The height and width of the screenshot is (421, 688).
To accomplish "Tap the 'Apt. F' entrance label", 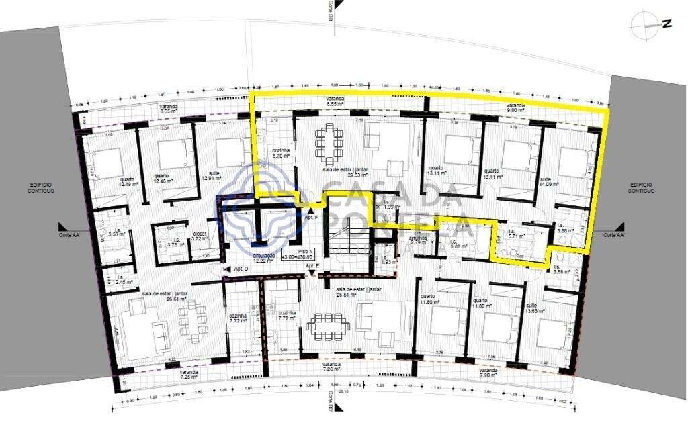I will tap(311, 218).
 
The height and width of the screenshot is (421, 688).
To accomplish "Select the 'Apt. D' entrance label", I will tap(241, 269).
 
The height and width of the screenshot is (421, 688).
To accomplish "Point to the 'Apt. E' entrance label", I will tap(311, 266).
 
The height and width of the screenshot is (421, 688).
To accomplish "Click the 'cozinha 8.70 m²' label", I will tap(281, 153).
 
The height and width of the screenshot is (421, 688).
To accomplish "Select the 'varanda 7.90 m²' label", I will tap(488, 373).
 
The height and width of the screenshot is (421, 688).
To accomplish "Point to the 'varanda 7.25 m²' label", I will tap(188, 374).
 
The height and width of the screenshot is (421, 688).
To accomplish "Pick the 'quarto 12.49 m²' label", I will tap(128, 182).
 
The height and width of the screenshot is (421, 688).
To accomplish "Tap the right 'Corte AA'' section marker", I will tap(614, 235).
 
